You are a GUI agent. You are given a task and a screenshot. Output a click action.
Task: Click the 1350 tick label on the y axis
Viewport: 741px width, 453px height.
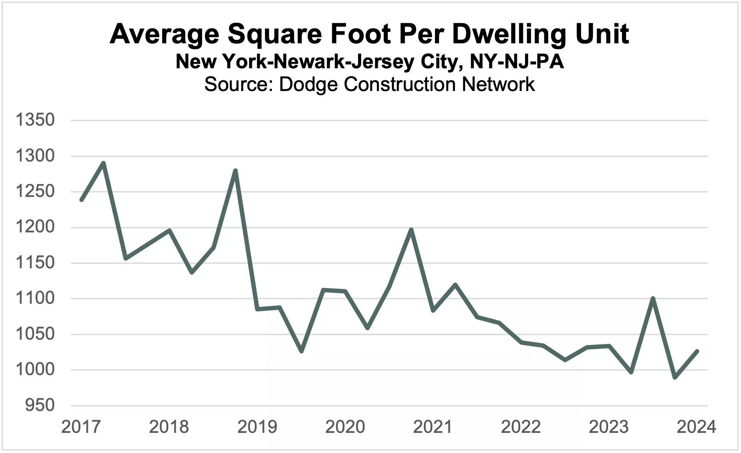point(35,120)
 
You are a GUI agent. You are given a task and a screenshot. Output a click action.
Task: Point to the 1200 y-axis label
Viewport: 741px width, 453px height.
point(35,227)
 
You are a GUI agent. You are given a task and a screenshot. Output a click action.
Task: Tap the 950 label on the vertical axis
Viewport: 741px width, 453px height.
point(40,405)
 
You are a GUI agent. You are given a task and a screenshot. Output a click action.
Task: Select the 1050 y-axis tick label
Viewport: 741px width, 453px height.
point(35,334)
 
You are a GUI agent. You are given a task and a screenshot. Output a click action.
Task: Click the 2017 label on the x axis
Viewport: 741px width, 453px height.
point(81,427)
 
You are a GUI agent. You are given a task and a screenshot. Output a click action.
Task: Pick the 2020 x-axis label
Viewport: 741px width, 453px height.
point(345,427)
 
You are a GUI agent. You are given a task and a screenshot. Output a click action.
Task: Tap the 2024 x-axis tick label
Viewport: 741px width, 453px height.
point(696,427)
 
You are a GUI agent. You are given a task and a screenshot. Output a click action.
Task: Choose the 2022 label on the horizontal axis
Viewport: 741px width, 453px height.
point(521,427)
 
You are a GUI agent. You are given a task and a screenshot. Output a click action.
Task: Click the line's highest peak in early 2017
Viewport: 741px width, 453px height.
point(103,163)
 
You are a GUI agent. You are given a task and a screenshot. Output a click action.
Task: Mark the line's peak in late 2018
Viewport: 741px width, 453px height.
point(235,171)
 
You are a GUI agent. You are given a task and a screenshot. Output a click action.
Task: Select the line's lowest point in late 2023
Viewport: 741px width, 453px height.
point(675,377)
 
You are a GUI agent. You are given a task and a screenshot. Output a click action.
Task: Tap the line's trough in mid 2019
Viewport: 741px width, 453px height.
point(301,351)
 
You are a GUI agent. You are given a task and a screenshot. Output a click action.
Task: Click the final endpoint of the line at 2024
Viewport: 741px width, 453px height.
point(697,351)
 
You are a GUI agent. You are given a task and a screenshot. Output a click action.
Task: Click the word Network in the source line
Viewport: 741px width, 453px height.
point(498,84)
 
